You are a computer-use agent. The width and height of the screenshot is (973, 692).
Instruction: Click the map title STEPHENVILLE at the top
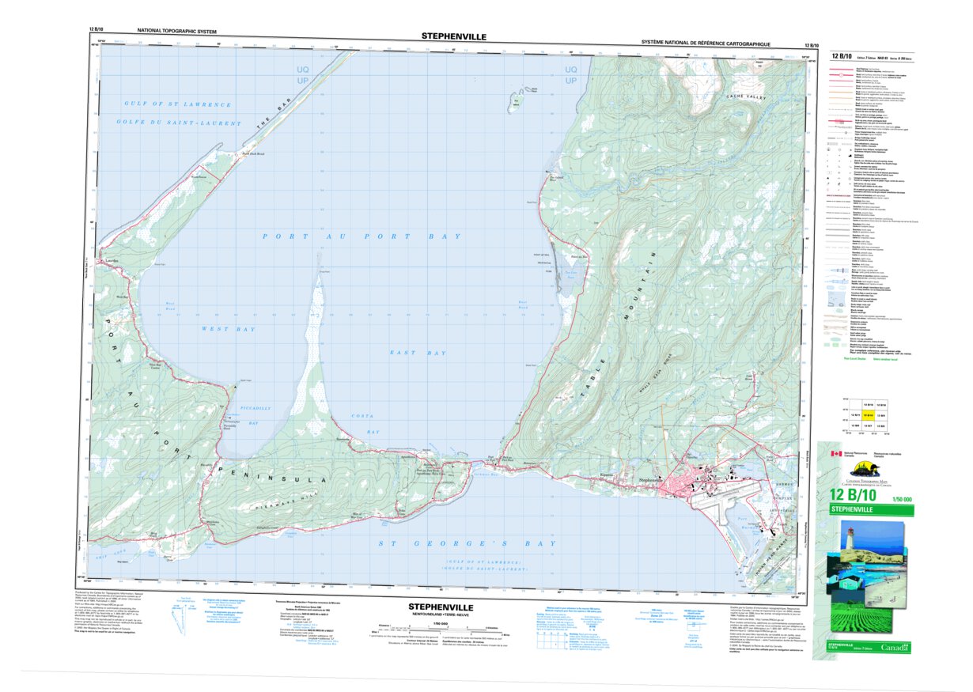[453, 36]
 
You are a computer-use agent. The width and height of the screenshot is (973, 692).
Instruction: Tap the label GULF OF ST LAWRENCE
[178, 104]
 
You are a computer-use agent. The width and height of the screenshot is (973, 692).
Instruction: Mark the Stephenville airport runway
[712, 506]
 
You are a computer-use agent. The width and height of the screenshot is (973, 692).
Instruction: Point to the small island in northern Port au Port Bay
[518, 99]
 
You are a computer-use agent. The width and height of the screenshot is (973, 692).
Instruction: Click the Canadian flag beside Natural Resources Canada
[835, 454]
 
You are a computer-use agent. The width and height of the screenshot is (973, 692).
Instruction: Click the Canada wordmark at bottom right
[893, 648]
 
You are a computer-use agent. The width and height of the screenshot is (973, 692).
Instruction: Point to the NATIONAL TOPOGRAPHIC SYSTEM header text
[176, 31]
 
